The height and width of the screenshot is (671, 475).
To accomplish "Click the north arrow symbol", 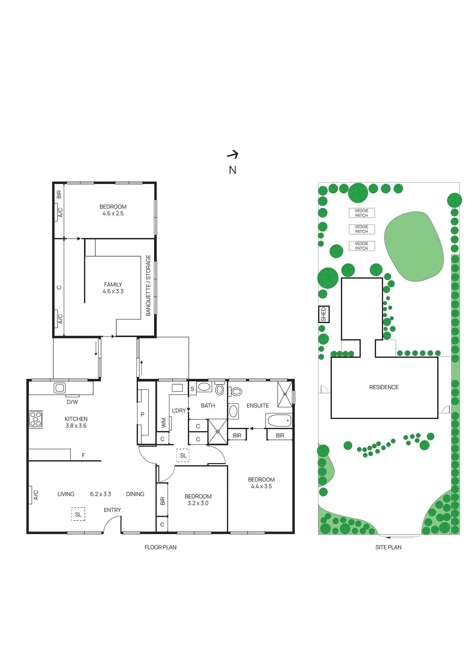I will point(233,155).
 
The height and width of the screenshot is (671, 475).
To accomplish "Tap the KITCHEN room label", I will point(76,419).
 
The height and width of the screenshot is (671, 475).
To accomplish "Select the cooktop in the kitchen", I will point(36,419).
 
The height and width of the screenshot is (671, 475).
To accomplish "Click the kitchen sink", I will point(59,388).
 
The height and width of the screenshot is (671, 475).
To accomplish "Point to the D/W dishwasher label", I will point(73,402).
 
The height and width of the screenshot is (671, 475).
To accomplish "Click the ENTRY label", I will point(112,510).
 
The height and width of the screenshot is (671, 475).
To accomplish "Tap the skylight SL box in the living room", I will point(78,514).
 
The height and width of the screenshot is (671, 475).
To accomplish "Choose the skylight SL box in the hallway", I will point(183,455).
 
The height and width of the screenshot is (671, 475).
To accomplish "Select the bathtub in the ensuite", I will point(279,420).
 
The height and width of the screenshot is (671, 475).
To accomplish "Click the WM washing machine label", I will point(163,423).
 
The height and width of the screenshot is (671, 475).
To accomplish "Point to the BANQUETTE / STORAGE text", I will point(148,285).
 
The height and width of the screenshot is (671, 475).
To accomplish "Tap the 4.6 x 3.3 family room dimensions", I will point(113,291).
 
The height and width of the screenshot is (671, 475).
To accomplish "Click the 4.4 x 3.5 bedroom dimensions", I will point(261,486).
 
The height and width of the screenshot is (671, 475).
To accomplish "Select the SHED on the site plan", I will point(323,314).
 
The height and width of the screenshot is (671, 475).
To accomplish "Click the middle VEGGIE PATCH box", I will point(362,229).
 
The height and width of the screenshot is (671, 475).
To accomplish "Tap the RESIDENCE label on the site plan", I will point(384,387).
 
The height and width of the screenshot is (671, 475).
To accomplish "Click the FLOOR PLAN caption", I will point(160,547).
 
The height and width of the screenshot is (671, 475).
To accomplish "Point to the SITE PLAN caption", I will point(388,547).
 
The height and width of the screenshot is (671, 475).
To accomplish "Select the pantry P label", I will point(143,414).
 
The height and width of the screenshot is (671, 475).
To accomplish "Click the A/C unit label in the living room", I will point(36,495).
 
